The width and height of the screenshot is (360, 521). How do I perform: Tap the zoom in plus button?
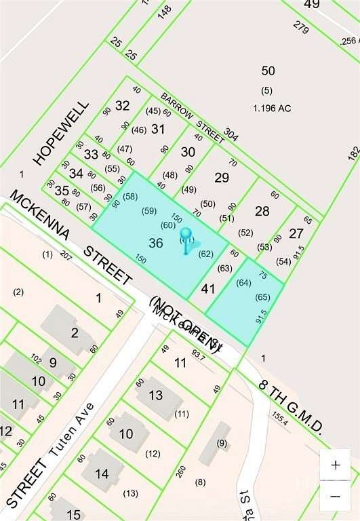[335, 465]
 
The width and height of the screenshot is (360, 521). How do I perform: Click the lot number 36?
[155, 243]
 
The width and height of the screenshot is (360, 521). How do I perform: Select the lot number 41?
[208, 289]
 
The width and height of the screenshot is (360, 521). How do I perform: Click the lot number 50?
[268, 71]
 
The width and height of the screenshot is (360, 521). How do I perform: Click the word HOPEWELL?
[60, 134]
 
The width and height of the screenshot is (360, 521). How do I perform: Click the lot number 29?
[221, 178]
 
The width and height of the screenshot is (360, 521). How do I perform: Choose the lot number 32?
[122, 106]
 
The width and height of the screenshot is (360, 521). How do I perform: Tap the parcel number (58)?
[130, 196]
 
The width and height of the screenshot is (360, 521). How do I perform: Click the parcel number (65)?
[263, 297]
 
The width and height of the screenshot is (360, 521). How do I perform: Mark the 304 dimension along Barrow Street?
[231, 134]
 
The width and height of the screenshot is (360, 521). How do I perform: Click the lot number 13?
[156, 395]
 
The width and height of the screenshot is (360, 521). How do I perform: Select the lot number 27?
[296, 233]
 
